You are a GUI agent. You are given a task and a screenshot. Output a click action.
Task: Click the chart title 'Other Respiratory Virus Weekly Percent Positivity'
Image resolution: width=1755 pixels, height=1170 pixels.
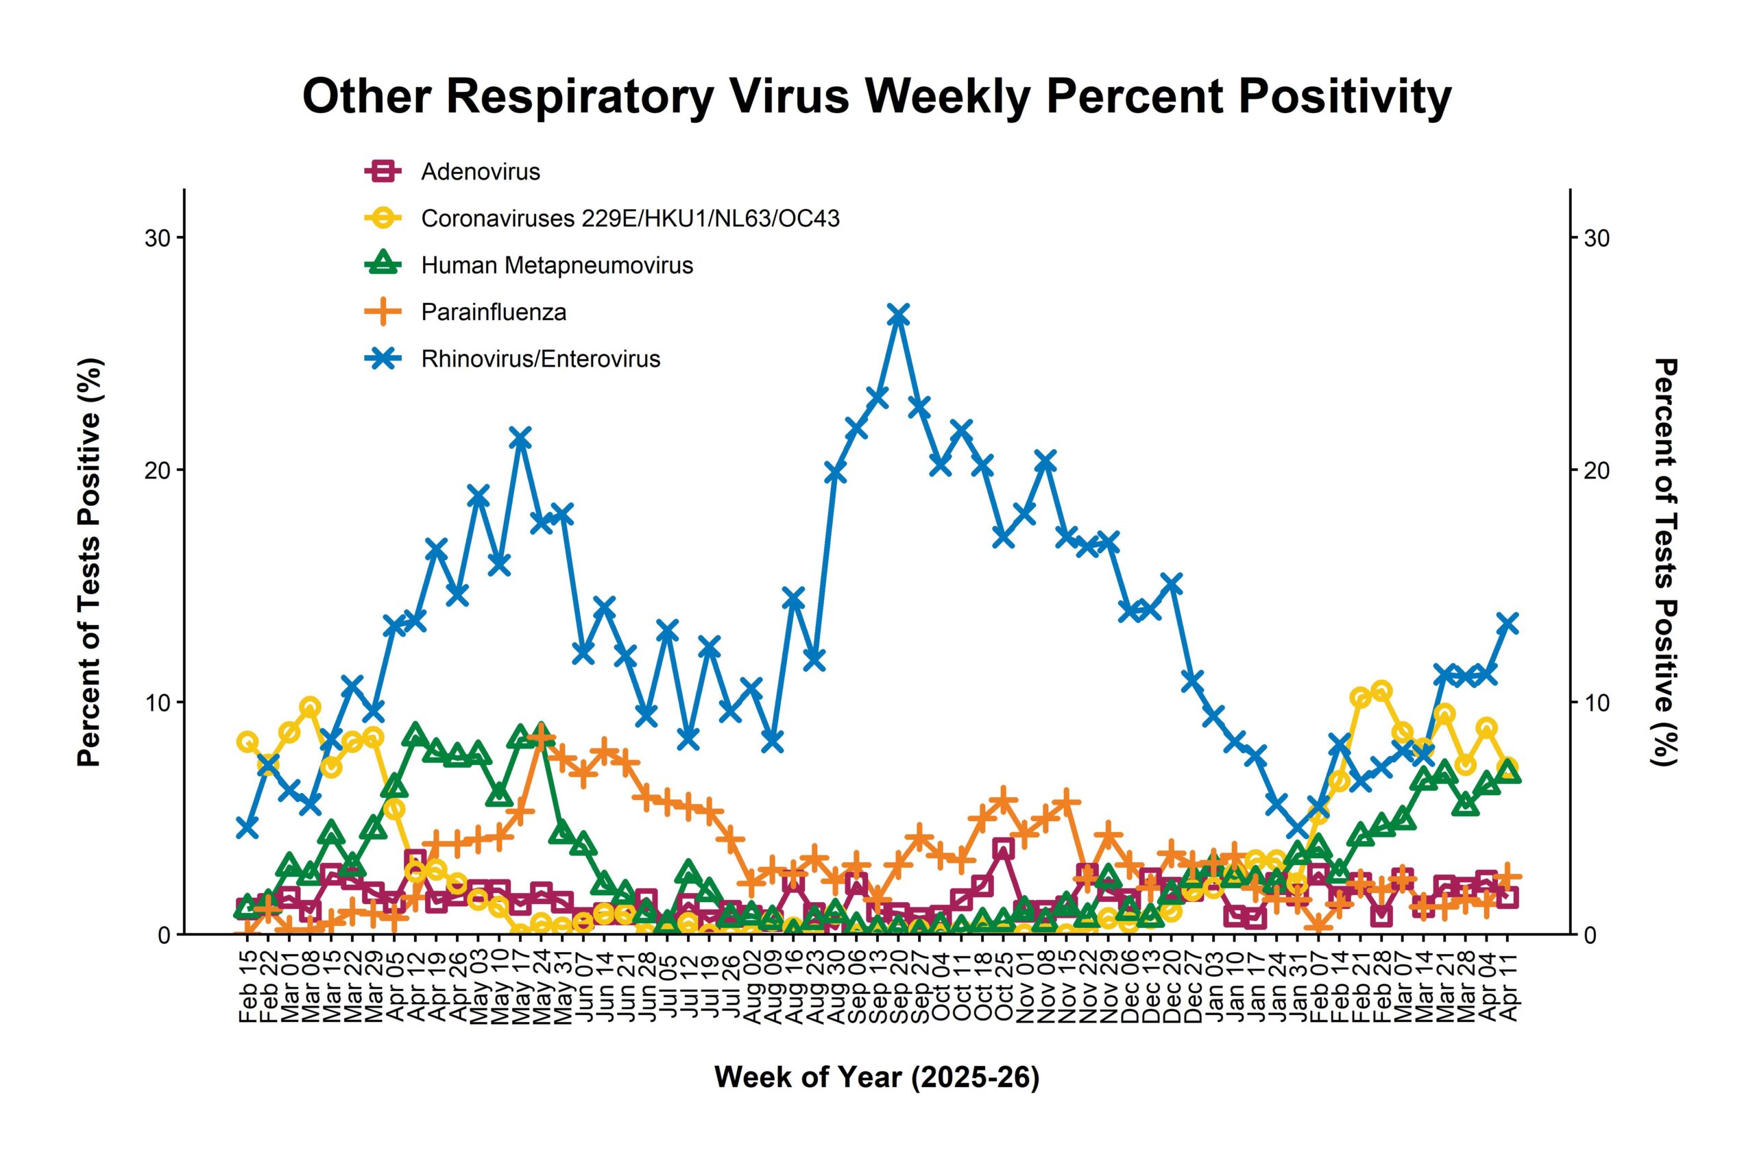[877, 96]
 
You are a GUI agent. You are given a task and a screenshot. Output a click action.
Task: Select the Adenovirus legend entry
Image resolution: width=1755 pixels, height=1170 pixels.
[480, 171]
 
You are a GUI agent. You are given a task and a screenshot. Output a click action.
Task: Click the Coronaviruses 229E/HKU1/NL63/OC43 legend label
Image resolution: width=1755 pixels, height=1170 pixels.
[630, 219]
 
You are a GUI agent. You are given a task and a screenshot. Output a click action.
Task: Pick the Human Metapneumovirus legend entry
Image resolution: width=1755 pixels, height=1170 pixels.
[557, 266]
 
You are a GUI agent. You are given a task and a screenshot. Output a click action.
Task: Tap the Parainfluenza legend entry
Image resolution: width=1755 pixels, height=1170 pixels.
[493, 312]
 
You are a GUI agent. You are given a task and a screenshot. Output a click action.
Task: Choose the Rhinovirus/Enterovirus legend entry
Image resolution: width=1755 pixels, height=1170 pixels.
[540, 359]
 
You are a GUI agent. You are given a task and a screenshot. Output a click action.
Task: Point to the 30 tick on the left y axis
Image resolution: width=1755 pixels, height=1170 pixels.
[155, 238]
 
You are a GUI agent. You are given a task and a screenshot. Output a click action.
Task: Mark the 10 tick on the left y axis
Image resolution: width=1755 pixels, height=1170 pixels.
[155, 702]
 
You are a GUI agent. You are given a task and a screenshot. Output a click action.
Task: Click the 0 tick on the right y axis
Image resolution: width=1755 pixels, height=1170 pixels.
[1589, 934]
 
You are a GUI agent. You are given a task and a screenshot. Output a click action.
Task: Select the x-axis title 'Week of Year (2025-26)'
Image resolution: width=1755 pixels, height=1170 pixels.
[877, 1077]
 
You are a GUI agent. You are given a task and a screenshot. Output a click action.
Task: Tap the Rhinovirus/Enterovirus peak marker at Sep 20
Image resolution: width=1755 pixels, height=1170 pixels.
[898, 315]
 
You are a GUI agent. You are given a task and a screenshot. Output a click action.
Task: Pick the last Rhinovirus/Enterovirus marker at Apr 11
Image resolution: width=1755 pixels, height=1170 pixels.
[1508, 623]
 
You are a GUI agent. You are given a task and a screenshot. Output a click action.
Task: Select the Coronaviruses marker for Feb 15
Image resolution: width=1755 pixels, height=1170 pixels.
[247, 742]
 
